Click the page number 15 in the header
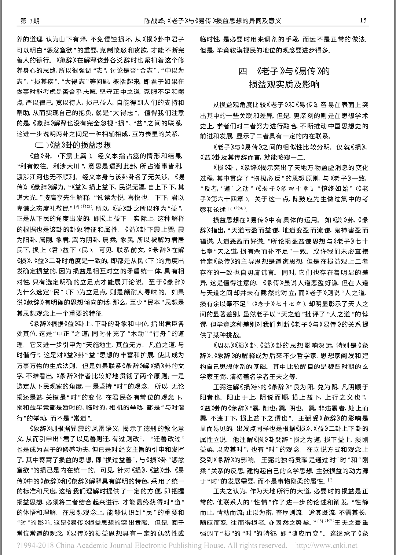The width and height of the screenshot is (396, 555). [x=363, y=21]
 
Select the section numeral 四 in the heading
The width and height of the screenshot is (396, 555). [x=243, y=71]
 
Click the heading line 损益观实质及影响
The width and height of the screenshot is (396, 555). [x=284, y=85]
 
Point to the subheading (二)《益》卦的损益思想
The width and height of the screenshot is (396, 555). [x=72, y=145]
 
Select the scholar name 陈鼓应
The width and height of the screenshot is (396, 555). [x=296, y=199]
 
